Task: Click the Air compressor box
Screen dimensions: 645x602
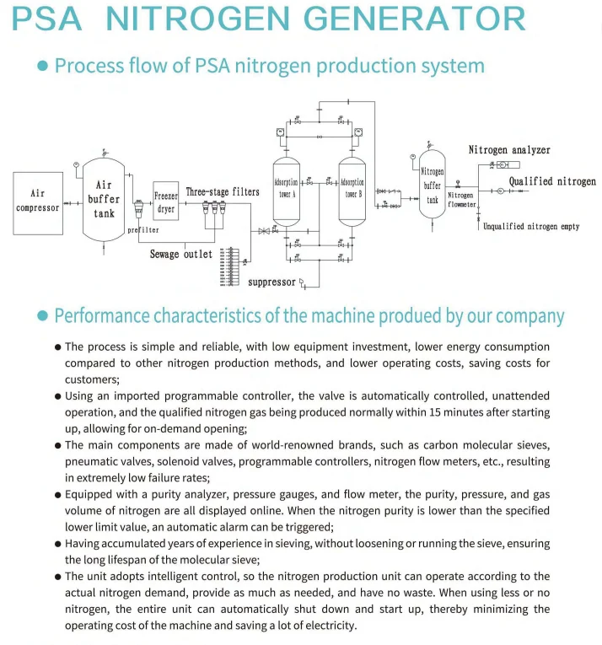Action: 38,200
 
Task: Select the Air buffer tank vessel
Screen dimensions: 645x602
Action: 104,199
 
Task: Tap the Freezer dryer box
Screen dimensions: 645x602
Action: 166,202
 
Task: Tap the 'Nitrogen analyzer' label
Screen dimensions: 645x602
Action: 509,150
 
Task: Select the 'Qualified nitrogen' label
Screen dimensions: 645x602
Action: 552,181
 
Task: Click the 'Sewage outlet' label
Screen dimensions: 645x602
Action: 181,254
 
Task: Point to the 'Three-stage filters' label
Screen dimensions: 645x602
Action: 223,192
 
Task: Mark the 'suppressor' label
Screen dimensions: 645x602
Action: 272,282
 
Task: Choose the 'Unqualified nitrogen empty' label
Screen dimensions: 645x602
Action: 531,227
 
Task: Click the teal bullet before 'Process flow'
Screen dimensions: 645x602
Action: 43,67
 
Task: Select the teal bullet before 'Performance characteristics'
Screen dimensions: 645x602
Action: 43,316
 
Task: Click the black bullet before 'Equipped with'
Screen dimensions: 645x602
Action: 57,496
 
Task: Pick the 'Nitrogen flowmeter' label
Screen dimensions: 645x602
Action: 461,200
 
